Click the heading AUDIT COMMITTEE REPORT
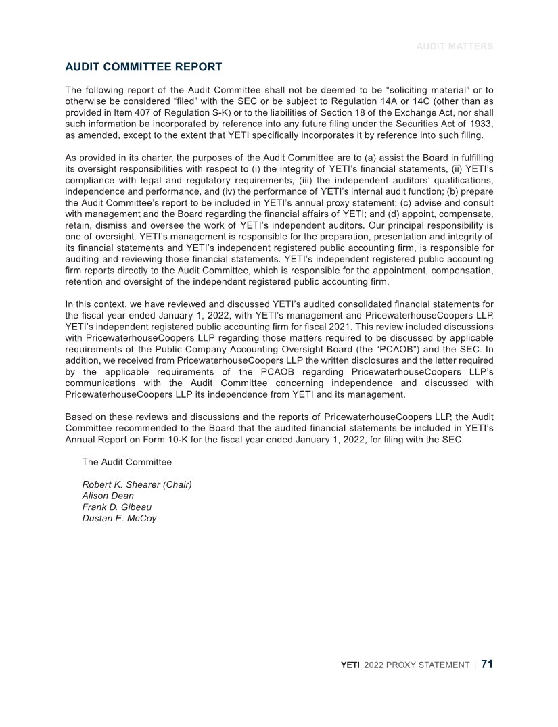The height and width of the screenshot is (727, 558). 143,67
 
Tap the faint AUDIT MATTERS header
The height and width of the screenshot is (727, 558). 455,47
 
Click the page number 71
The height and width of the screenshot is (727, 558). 487,664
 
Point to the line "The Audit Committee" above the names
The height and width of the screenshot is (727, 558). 126,463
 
